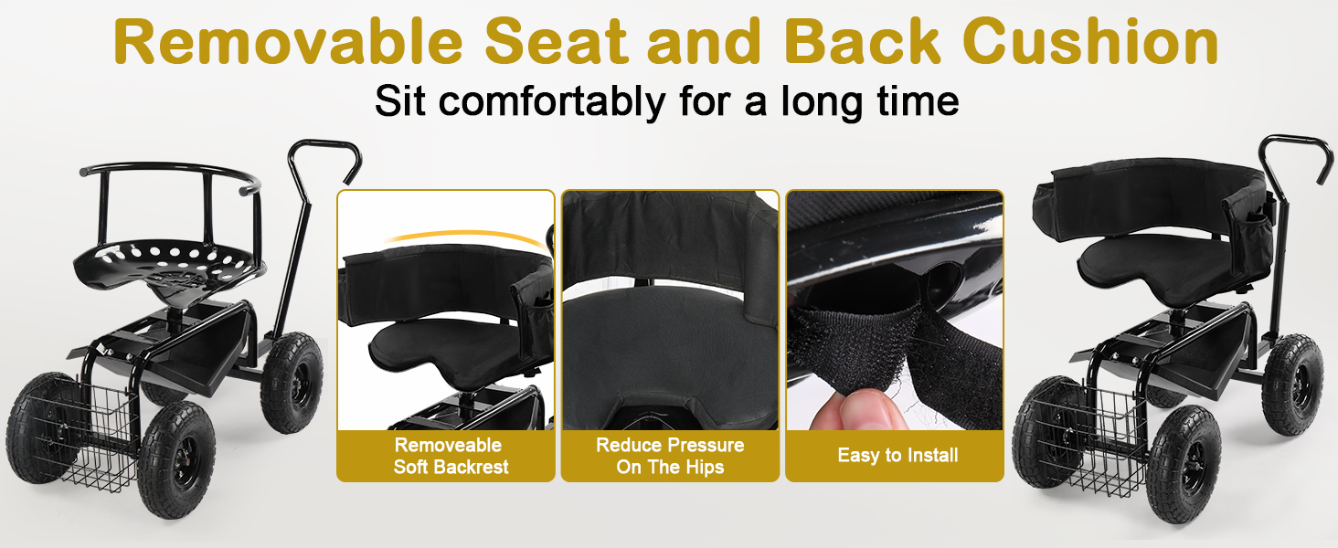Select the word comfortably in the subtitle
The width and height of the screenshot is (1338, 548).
(552, 101)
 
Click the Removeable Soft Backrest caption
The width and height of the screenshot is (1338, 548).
(449, 456)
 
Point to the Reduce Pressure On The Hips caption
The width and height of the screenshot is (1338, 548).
(670, 456)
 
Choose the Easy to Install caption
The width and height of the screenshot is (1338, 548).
(897, 456)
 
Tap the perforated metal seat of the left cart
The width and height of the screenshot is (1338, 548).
(170, 266)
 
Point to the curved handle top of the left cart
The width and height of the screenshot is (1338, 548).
(325, 156)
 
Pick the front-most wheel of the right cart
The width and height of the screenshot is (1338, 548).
(1184, 464)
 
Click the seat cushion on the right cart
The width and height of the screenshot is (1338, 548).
(1173, 265)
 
